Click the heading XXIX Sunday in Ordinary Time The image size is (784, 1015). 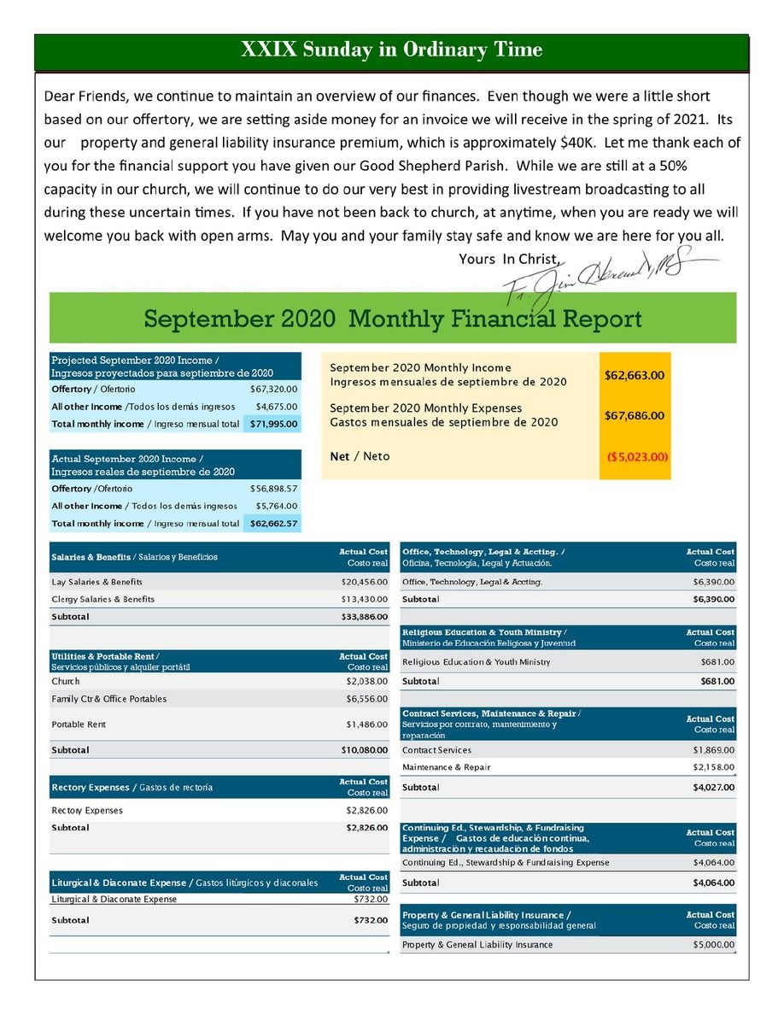click(392, 50)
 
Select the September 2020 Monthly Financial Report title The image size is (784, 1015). click(392, 320)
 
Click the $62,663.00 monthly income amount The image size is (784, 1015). click(635, 375)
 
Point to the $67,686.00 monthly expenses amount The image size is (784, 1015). click(635, 416)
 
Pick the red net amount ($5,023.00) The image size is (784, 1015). click(636, 457)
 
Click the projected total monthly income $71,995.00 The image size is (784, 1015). click(273, 424)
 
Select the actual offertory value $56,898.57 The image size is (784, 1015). click(273, 489)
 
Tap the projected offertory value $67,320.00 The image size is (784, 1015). click(273, 390)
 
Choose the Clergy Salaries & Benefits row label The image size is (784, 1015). click(103, 600)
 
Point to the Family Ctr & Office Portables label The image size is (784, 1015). click(109, 699)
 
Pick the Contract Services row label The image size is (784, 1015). click(436, 750)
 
